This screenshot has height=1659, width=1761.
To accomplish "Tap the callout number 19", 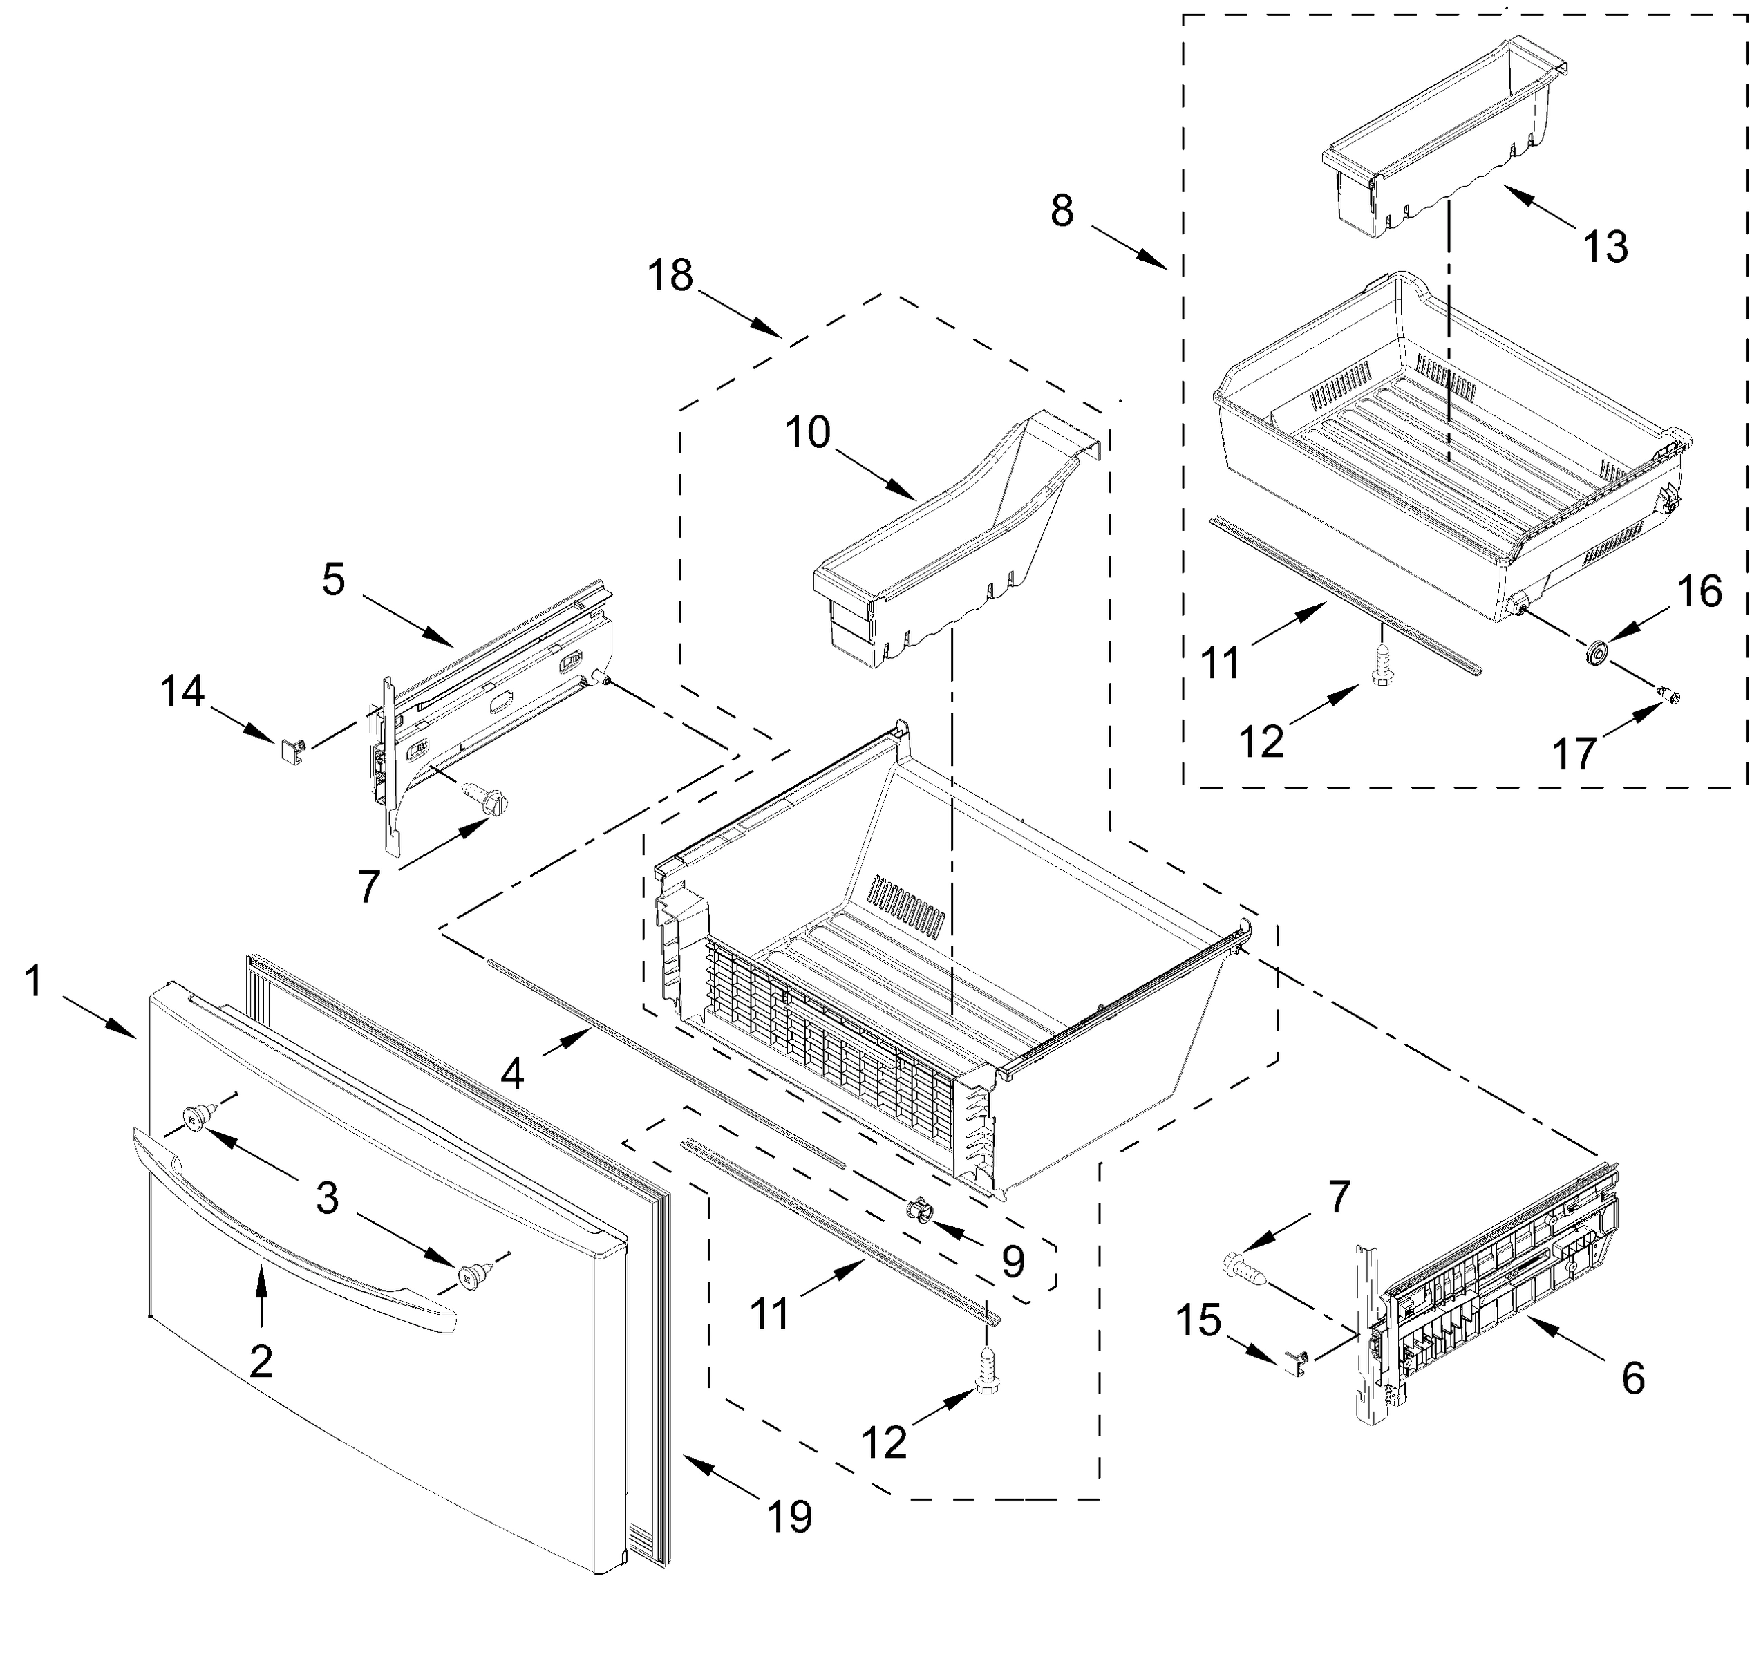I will click(789, 1517).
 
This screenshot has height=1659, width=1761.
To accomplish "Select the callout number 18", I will click(670, 276).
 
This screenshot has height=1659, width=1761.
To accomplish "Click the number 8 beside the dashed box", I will click(1062, 211).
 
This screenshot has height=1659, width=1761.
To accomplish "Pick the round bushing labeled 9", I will click(919, 1209).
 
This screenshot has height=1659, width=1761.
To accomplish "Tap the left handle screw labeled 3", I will click(195, 1118).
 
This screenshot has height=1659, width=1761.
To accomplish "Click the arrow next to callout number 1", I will click(100, 1016).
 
